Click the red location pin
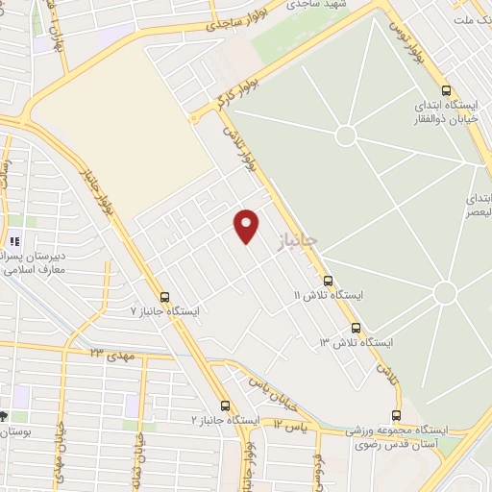pos(247,225)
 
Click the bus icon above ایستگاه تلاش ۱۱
pos(329,282)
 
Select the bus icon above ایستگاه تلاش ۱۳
pos(357,328)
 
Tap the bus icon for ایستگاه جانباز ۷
pos(164,297)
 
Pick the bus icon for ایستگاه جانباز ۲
pos(226,406)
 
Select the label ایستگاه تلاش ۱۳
pos(357,342)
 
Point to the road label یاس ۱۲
pos(290,423)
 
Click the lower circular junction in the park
pos(444,292)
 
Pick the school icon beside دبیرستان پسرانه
pos(14,240)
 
